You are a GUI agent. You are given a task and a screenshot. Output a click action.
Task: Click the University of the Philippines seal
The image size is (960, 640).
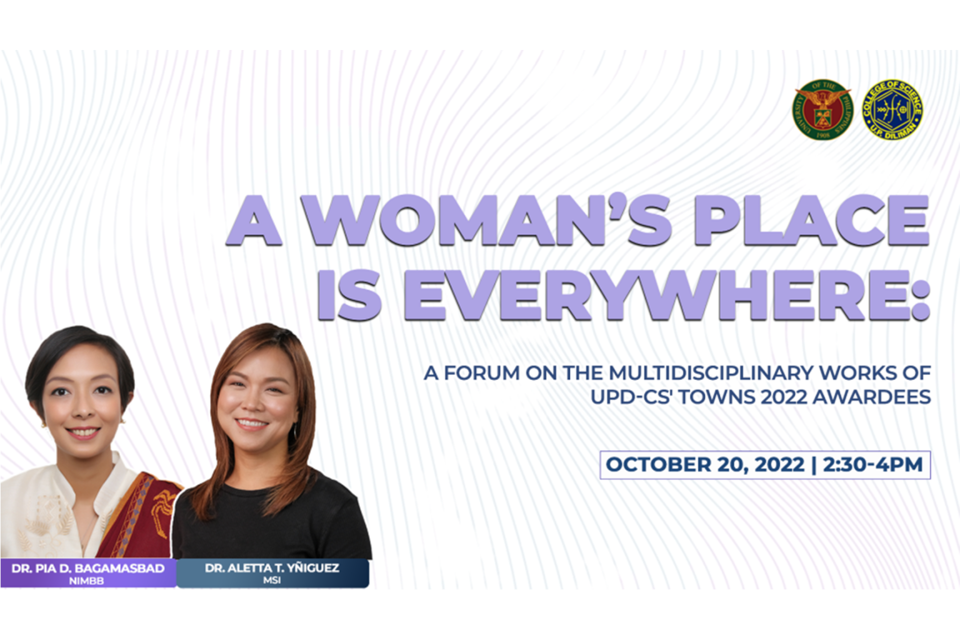pos(822,110)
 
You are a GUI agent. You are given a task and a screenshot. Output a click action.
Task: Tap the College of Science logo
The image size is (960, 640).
pos(892,110)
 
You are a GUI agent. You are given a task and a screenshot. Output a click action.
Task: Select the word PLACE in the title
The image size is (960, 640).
pos(812,221)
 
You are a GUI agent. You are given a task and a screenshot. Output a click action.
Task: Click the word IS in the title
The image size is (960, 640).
pos(349,296)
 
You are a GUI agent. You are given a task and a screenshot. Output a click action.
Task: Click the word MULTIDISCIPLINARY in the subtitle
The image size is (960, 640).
pos(711,373)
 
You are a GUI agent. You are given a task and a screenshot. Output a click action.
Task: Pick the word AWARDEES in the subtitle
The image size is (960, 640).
pos(872,397)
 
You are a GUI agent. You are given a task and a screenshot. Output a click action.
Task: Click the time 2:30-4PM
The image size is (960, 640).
pos(872,464)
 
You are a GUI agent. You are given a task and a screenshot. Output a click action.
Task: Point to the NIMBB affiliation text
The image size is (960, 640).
pos(87,581)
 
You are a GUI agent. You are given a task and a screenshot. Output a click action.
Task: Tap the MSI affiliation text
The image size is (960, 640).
pos(272,581)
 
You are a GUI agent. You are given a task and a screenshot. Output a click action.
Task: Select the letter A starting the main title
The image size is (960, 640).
pos(254,221)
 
